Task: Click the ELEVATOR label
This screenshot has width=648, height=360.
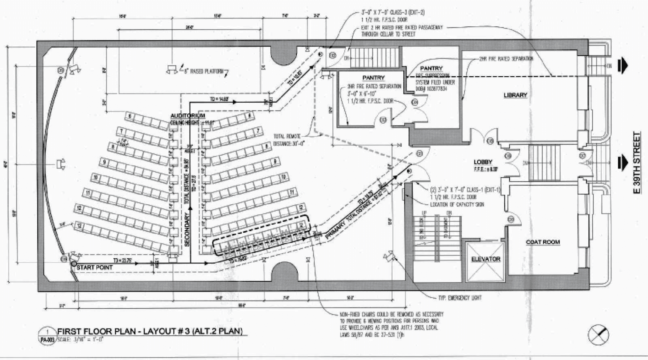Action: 485,259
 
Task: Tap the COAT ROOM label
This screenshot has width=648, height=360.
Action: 543,242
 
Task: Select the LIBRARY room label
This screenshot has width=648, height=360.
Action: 515,95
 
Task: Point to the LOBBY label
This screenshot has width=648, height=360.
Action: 483,162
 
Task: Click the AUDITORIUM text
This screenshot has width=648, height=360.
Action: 188,116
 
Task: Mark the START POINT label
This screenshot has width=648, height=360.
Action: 94,267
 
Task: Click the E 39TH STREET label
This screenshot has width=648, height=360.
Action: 637,163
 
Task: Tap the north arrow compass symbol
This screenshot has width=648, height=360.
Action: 598,335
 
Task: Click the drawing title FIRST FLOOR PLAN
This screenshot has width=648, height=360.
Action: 150,331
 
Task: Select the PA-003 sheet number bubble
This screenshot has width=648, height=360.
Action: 47,340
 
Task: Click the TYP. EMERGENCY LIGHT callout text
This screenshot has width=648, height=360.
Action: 460,298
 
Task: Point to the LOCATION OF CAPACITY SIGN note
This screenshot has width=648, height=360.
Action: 457,205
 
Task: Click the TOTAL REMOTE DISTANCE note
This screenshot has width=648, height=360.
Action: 287,140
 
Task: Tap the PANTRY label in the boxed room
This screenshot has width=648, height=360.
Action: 373,78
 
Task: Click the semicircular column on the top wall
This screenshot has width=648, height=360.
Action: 284,55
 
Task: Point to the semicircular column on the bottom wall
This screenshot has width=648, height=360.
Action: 284,272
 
